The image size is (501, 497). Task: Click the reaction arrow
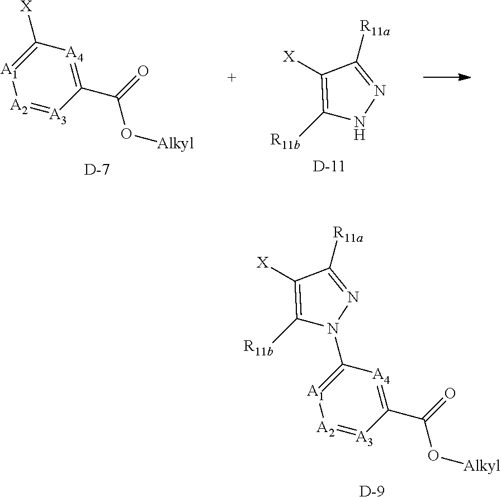pyautogui.click(x=446, y=78)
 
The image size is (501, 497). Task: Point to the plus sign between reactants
pyautogui.click(x=231, y=78)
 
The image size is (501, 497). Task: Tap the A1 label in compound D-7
pyautogui.click(x=9, y=71)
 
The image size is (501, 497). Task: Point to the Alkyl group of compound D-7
pyautogui.click(x=175, y=144)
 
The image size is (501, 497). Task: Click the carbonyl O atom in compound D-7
pyautogui.click(x=143, y=71)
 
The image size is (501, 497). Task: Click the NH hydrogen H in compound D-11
pyautogui.click(x=360, y=135)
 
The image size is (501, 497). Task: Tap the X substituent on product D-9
pyautogui.click(x=262, y=262)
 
